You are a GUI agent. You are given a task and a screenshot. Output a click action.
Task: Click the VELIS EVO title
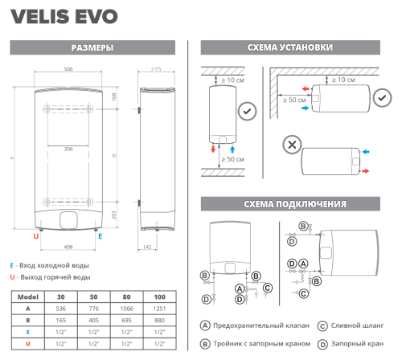click(64, 17)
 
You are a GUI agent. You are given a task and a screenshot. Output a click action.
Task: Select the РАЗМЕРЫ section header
click(92, 47)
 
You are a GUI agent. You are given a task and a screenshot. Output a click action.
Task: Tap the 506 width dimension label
click(68, 69)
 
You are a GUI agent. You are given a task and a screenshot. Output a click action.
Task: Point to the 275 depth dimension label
click(156, 69)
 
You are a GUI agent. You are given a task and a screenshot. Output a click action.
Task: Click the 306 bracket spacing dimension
click(68, 149)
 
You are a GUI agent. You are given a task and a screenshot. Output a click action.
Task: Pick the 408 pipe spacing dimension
click(68, 247)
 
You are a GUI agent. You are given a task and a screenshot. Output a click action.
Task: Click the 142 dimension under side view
click(147, 247)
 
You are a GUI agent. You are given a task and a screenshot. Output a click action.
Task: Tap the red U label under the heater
click(36, 236)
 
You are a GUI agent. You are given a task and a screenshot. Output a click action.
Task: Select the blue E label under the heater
click(100, 236)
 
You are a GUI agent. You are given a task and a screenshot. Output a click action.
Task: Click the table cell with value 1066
click(126, 309)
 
